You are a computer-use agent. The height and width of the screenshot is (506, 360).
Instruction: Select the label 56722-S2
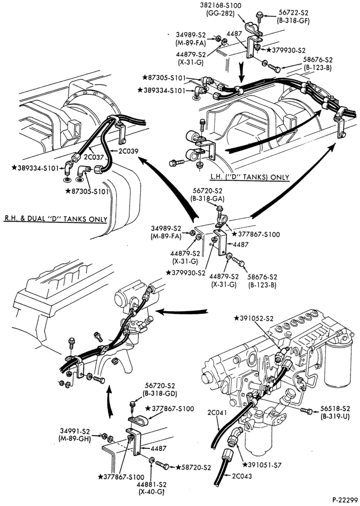coord(293,13)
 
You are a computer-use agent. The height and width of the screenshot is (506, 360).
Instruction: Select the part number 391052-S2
coord(256,318)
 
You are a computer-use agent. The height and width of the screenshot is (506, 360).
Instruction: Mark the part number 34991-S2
coord(74,431)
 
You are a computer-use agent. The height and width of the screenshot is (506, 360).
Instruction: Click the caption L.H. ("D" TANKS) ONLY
coord(250,177)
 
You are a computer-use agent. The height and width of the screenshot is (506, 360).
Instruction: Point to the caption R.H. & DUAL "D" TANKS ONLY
coord(56,219)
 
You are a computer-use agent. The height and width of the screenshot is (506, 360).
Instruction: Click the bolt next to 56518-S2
coord(306,411)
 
